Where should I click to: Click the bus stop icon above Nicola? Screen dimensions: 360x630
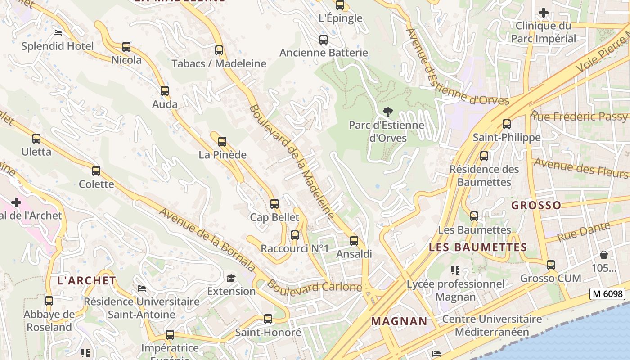pyautogui.click(x=126, y=47)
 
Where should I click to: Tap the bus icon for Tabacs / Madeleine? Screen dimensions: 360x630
pyautogui.click(x=219, y=50)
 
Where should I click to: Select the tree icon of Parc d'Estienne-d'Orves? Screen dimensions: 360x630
pyautogui.click(x=387, y=112)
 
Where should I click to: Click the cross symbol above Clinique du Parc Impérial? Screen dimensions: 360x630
pyautogui.click(x=544, y=13)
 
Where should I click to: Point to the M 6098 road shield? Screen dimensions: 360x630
pyautogui.click(x=607, y=294)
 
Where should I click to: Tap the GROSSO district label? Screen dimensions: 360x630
pyautogui.click(x=536, y=206)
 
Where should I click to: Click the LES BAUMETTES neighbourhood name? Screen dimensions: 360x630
pyautogui.click(x=477, y=247)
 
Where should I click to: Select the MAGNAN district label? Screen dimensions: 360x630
pyautogui.click(x=399, y=321)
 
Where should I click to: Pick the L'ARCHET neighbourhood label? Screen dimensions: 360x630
pyautogui.click(x=86, y=280)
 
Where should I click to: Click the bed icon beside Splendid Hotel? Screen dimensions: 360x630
pyautogui.click(x=58, y=33)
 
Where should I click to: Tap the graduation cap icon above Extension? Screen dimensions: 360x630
pyautogui.click(x=231, y=278)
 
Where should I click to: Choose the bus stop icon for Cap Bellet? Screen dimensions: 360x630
pyautogui.click(x=274, y=204)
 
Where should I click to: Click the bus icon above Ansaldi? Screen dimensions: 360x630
pyautogui.click(x=354, y=241)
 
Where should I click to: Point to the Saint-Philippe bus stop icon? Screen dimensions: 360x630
pyautogui.click(x=507, y=124)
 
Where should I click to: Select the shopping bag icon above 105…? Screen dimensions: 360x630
pyautogui.click(x=603, y=255)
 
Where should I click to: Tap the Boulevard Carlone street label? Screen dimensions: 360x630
pyautogui.click(x=315, y=287)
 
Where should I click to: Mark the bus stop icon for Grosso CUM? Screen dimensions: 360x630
pyautogui.click(x=551, y=265)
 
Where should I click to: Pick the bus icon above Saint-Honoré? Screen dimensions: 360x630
pyautogui.click(x=268, y=319)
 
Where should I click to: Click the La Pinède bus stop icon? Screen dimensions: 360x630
pyautogui.click(x=222, y=142)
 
